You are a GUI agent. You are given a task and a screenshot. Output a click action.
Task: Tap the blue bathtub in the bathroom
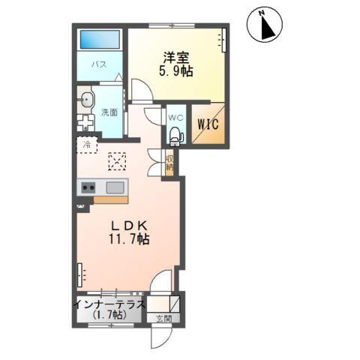tap(100, 40)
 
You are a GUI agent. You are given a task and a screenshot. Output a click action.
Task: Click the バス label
tap(99, 64)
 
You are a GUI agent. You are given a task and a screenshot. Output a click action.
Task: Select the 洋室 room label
tap(176, 58)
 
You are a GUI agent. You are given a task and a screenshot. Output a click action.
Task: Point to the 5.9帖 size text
tap(176, 71)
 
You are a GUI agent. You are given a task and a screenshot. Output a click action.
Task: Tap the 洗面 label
tap(109, 112)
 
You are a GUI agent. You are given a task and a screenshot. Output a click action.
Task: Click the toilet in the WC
tap(176, 136)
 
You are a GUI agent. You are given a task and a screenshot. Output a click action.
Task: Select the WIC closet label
tap(208, 124)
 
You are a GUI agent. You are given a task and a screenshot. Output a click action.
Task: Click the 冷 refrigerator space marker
tap(87, 145)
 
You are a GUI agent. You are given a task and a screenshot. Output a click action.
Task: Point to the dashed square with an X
tap(117, 161)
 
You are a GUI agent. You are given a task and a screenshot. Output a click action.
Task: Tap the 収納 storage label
tap(169, 163)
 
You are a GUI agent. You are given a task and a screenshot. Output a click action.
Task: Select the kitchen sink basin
tap(115, 187)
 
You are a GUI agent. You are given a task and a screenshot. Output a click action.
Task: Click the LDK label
tap(129, 226)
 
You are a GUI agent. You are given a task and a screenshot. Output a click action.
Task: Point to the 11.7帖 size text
tap(129, 239)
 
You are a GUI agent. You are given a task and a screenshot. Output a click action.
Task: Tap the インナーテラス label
tap(110, 304)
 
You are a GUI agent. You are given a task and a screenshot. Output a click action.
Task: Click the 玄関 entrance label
tap(163, 319)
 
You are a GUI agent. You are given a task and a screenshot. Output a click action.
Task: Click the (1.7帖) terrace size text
tap(110, 315)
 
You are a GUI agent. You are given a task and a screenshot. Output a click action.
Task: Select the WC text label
tap(176, 118)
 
